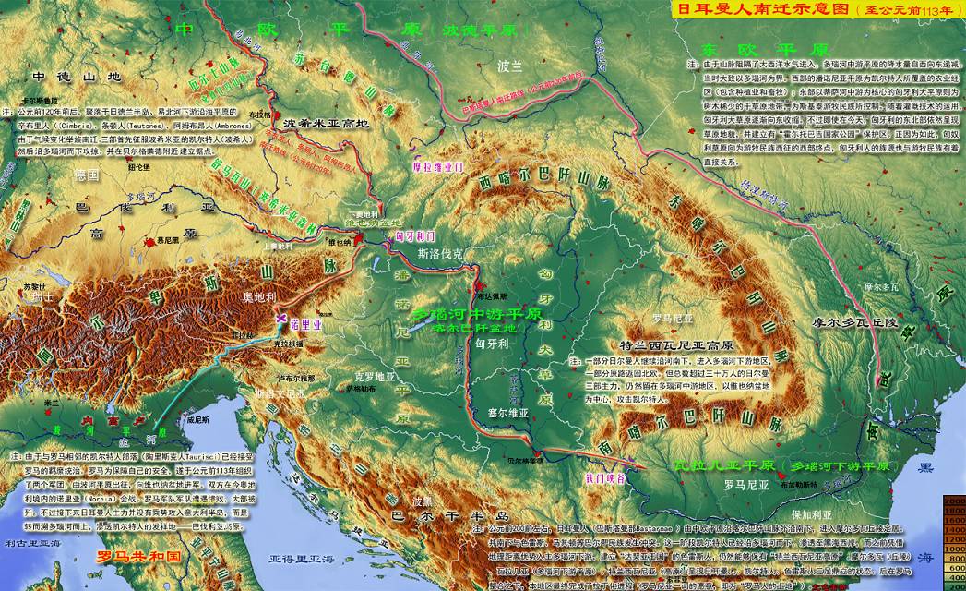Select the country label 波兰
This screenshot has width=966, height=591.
tap(509, 66)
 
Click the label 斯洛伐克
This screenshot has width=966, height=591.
tap(440, 251)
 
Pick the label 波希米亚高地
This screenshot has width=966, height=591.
tap(326, 123)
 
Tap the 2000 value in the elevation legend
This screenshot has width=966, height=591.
tap(954, 499)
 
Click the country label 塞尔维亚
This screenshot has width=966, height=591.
tap(509, 411)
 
